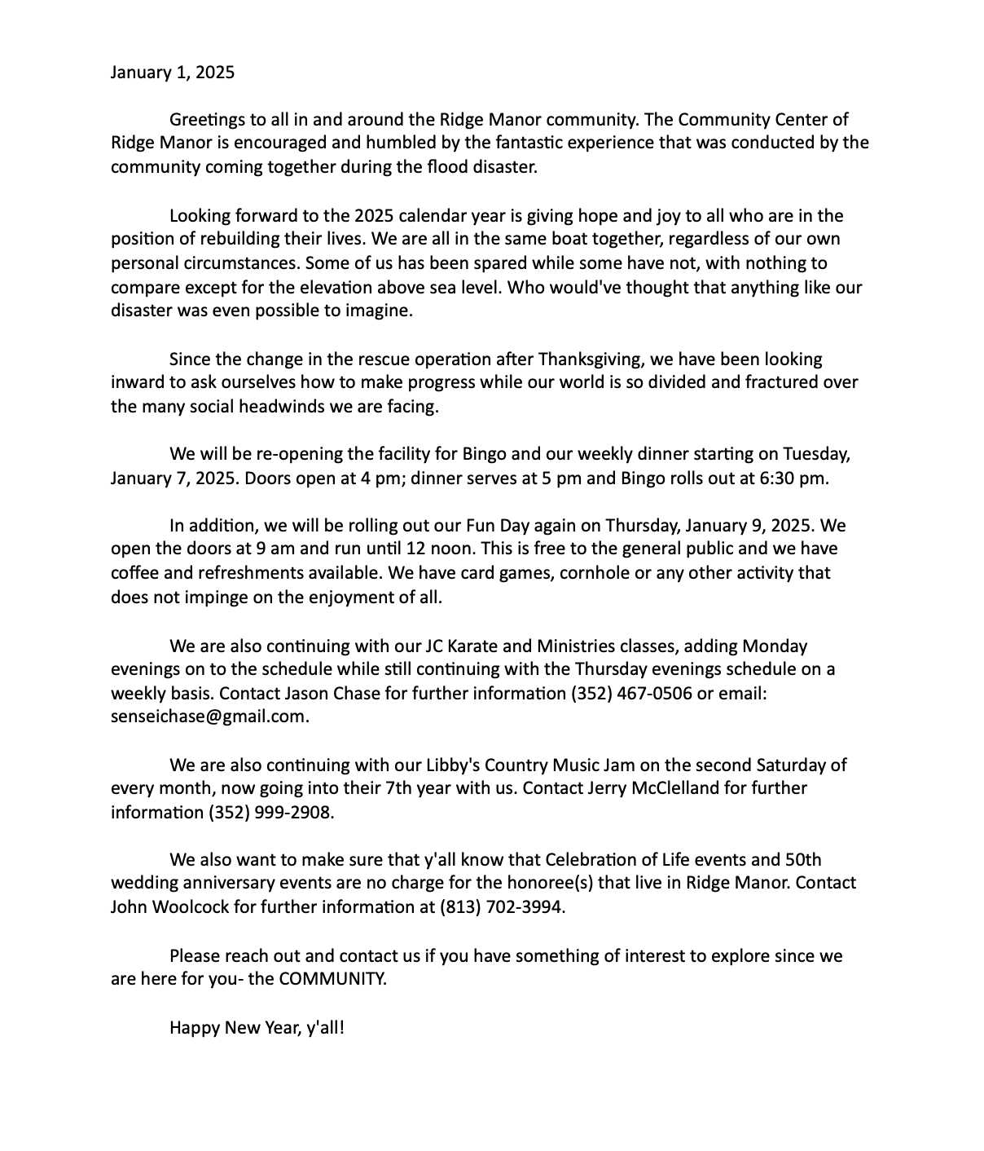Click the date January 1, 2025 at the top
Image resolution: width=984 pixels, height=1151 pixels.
coord(172,73)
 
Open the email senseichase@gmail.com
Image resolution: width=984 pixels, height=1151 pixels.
coord(209,717)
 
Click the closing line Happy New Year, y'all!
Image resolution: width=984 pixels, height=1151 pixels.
coord(257,1027)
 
